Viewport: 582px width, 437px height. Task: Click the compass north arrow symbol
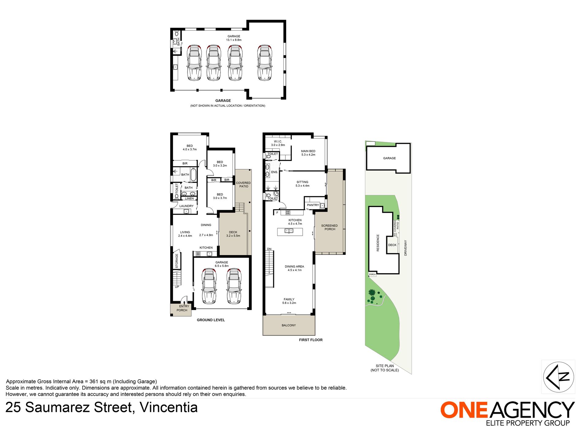558,377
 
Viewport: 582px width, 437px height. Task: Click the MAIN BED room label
308,151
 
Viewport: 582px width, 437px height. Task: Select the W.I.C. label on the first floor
278,142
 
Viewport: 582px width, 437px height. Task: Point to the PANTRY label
313,205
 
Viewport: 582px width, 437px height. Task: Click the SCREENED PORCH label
330,227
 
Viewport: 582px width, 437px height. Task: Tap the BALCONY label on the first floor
289,325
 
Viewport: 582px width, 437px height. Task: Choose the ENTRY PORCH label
183,308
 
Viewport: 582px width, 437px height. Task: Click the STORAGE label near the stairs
177,261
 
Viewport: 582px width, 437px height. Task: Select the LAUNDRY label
187,206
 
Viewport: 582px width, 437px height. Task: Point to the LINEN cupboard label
189,199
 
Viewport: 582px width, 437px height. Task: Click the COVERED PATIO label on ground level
244,185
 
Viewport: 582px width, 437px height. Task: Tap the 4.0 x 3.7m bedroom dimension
190,150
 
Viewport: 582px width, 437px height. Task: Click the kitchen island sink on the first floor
289,231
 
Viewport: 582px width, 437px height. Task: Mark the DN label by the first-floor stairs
269,249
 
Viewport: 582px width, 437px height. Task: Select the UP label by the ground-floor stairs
177,287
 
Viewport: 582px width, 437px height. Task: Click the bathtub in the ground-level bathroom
194,175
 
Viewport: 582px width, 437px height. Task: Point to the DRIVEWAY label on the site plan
406,248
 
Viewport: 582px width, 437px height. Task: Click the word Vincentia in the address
169,408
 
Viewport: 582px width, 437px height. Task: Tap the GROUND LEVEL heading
211,320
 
